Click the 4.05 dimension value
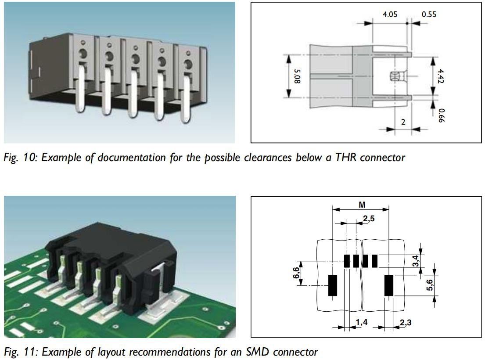pos(390,14)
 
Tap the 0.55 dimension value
pos(429,14)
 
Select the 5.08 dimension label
pos(298,76)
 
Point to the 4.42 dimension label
pos(440,76)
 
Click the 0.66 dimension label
pos(442,115)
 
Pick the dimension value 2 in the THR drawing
pos(403,122)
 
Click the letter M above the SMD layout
pos(362,205)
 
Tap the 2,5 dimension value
pos(369,219)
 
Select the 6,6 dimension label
pos(296,273)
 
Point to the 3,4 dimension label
pos(415,261)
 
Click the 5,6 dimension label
pos(430,285)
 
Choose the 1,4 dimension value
pos(362,322)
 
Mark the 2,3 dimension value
pos(406,322)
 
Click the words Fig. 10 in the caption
pos(20,158)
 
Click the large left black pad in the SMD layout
pos(333,285)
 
